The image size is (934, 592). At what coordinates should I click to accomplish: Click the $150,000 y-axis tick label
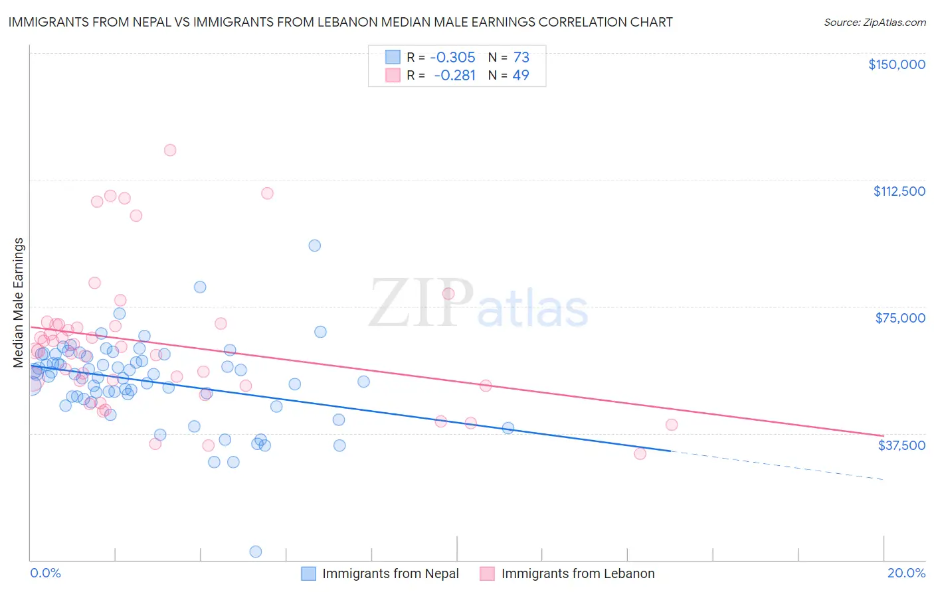point(896,64)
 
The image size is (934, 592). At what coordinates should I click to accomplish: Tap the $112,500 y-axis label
point(899,191)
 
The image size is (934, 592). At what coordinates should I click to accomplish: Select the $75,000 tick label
point(900,318)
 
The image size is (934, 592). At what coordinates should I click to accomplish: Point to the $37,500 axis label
point(901,445)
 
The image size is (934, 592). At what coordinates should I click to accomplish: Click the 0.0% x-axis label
point(45,573)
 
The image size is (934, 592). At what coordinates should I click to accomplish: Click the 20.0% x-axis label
point(906,573)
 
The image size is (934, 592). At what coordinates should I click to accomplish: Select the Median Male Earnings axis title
point(19,302)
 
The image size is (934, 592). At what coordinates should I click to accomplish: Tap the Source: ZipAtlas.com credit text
point(874,22)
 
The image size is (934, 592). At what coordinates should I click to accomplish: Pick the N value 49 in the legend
point(521,75)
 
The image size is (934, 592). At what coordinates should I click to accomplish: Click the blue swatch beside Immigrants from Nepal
point(309,573)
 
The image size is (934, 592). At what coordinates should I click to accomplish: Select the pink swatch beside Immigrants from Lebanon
point(488,573)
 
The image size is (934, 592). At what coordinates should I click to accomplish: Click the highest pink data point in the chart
point(170,150)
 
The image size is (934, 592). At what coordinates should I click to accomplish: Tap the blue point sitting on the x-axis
point(255,552)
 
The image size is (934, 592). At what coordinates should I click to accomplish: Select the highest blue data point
point(315,246)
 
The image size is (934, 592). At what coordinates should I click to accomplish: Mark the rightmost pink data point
point(672,425)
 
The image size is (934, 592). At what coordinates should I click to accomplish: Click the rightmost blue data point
point(508,428)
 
